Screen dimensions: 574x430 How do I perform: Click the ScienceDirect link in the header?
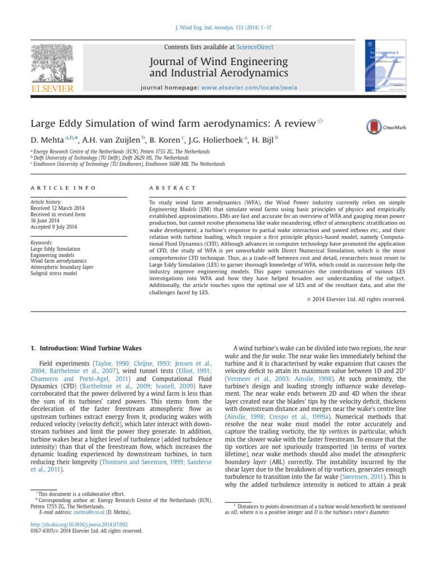click(255, 47)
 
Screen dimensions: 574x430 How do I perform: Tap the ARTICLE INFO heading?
click(63, 188)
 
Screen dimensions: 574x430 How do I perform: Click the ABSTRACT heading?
click(172, 188)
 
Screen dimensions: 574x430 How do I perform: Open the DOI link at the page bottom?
click(74, 525)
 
